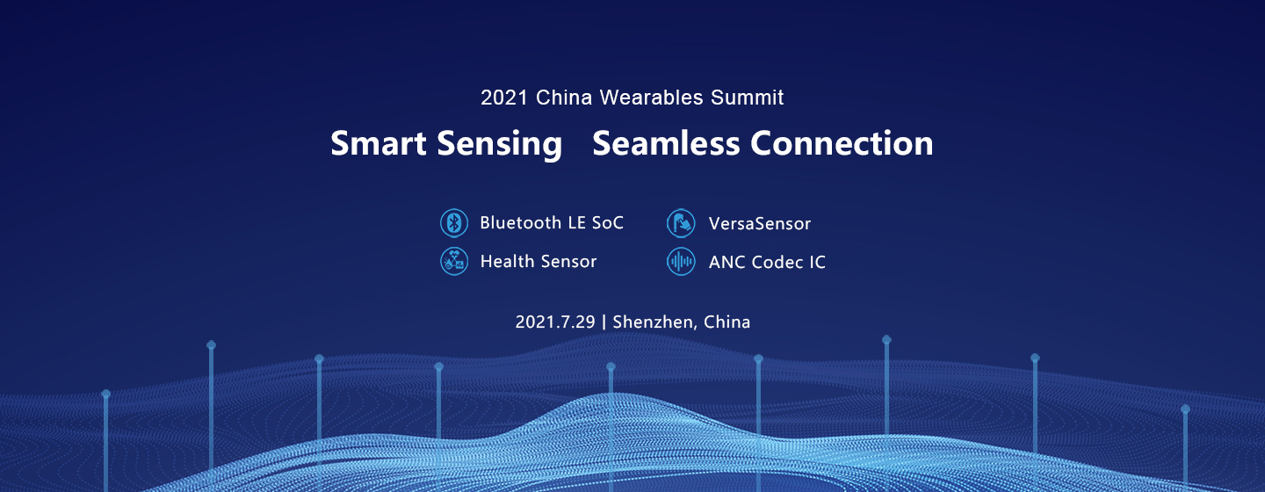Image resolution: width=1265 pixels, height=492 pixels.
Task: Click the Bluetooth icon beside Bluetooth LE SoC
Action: [x=454, y=222]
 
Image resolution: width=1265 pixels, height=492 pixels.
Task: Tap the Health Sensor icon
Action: [x=454, y=261]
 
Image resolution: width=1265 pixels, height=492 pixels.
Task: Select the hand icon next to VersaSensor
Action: [x=681, y=223]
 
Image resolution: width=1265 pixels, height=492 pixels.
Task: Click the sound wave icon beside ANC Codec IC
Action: [x=681, y=262]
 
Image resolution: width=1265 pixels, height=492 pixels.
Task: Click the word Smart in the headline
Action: [x=379, y=143]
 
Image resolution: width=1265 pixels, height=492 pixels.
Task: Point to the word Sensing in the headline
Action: [x=500, y=145]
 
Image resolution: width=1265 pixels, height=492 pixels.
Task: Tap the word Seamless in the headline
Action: [x=666, y=143]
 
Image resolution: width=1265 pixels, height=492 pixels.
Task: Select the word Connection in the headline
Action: [x=842, y=143]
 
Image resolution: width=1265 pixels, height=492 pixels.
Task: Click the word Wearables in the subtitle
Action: [x=652, y=98]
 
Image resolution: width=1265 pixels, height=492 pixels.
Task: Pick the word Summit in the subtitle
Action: [x=747, y=98]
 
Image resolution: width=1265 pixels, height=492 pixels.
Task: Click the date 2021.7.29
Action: [x=555, y=322]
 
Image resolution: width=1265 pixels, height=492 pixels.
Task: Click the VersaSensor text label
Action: [x=760, y=224]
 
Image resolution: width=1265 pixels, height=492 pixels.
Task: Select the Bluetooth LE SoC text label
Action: [x=552, y=222]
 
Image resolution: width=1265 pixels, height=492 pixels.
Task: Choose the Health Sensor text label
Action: [x=539, y=261]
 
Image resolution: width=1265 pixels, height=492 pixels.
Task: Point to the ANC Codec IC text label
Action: [x=767, y=262]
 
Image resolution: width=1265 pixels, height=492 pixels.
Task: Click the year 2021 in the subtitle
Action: [x=504, y=98]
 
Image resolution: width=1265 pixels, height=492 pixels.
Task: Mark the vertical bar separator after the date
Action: [x=604, y=322]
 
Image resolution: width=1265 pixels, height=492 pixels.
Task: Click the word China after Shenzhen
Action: [x=726, y=322]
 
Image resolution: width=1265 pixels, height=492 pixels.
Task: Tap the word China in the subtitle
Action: [x=564, y=98]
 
